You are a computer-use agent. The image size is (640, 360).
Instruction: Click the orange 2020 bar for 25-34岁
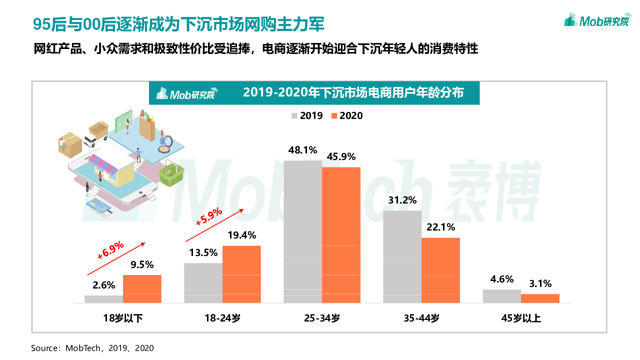tap(341, 235)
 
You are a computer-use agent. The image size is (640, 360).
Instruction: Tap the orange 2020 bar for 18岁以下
tap(142, 289)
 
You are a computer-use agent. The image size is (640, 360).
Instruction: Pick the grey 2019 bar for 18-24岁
tap(203, 283)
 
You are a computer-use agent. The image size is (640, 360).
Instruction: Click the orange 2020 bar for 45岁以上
tap(540, 298)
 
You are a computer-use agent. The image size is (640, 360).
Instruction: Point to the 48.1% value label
tap(303, 150)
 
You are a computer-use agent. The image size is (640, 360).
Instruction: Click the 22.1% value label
tap(440, 227)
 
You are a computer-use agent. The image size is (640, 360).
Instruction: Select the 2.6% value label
tap(104, 285)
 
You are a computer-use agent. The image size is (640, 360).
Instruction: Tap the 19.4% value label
tap(241, 235)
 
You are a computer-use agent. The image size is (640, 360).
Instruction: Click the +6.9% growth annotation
tap(111, 250)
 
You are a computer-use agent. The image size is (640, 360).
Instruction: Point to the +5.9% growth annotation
tap(209, 217)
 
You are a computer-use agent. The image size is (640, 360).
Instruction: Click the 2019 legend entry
tap(307, 116)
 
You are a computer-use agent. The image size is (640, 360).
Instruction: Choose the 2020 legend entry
tap(346, 116)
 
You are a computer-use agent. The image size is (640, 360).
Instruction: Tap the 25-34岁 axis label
tap(321, 317)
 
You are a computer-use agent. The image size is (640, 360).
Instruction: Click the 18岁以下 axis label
tap(123, 317)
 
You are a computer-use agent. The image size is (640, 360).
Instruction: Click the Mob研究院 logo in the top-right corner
tap(596, 20)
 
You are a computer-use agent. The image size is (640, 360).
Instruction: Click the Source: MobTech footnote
tap(92, 348)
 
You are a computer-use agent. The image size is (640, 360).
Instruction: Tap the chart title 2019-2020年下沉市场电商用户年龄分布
tap(353, 93)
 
